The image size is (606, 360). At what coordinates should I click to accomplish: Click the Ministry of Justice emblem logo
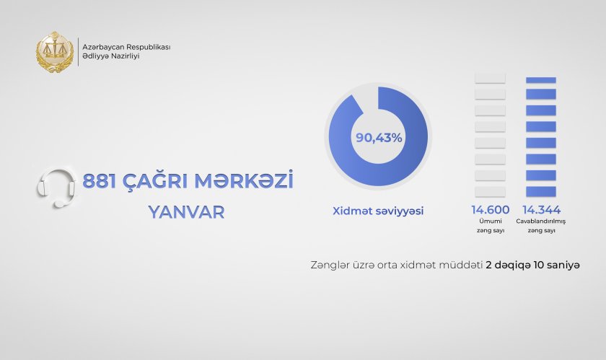55,52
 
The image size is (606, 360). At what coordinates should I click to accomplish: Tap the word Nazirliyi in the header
125,56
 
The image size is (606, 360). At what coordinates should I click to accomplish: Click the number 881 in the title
100,181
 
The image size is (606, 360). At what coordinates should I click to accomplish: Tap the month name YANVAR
187,212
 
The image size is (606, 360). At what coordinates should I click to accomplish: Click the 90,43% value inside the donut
379,138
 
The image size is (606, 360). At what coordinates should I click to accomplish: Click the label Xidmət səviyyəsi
378,211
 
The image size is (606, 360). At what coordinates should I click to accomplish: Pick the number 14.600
490,210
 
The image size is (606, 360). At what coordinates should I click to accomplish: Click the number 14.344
541,210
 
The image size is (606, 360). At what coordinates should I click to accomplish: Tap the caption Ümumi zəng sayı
491,226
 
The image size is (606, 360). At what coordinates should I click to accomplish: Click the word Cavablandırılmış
540,221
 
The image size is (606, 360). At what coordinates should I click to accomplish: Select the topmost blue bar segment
541,80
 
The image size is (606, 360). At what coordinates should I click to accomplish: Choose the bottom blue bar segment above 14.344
541,191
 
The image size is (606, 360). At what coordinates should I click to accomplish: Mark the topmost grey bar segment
490,78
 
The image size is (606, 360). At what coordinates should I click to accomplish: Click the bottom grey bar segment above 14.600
490,191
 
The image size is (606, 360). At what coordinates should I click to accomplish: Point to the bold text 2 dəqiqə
507,265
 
